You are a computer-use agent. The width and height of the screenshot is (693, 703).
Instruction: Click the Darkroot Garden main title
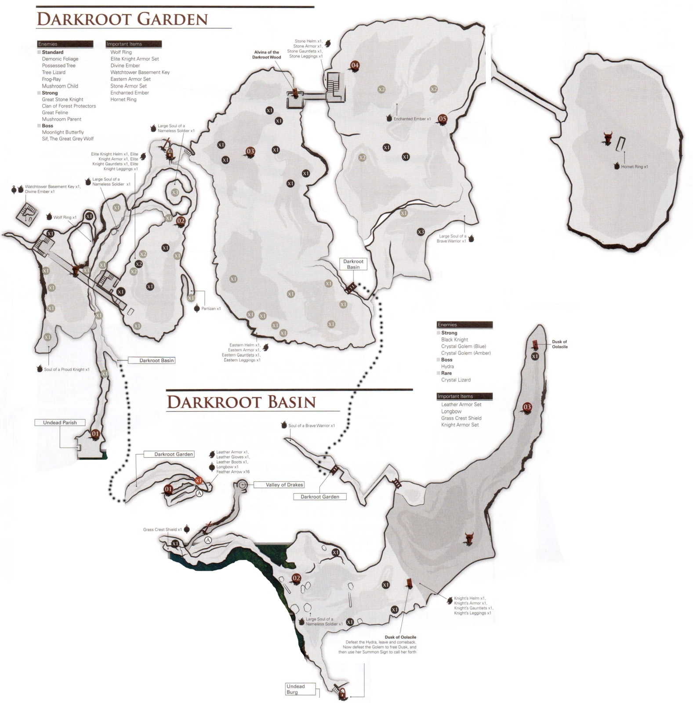(x=122, y=19)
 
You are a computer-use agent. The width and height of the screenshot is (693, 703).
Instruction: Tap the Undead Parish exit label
(x=60, y=423)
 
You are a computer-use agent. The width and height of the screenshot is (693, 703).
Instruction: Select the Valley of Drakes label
(x=284, y=484)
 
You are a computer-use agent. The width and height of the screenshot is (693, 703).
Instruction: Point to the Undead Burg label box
(x=295, y=689)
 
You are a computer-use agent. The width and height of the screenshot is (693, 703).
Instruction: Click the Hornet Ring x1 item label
(x=634, y=167)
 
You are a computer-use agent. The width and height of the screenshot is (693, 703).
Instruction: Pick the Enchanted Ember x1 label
(x=412, y=119)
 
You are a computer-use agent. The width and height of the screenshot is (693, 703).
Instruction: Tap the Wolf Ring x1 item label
(x=65, y=217)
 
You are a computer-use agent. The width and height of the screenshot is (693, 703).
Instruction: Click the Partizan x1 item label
(x=210, y=309)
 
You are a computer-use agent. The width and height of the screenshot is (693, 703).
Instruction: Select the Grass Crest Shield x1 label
(x=162, y=529)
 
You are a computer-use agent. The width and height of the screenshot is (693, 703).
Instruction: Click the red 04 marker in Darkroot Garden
(x=355, y=66)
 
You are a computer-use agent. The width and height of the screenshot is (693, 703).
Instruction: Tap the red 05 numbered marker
(x=442, y=119)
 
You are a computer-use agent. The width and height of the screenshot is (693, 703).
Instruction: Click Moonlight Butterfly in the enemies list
(x=63, y=132)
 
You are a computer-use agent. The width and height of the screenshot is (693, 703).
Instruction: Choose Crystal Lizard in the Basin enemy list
(x=456, y=380)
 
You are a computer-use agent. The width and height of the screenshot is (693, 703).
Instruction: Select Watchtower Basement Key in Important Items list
(x=140, y=72)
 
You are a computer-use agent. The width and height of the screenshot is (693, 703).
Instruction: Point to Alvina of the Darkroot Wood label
(x=266, y=55)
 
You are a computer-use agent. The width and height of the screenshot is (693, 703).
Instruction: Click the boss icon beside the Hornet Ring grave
(x=608, y=138)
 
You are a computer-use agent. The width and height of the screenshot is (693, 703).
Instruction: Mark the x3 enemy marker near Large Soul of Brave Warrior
(x=421, y=232)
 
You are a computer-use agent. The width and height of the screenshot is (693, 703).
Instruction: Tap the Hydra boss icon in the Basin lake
(x=469, y=538)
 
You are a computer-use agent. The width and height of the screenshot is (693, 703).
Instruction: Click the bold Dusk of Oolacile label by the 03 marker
(x=559, y=344)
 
